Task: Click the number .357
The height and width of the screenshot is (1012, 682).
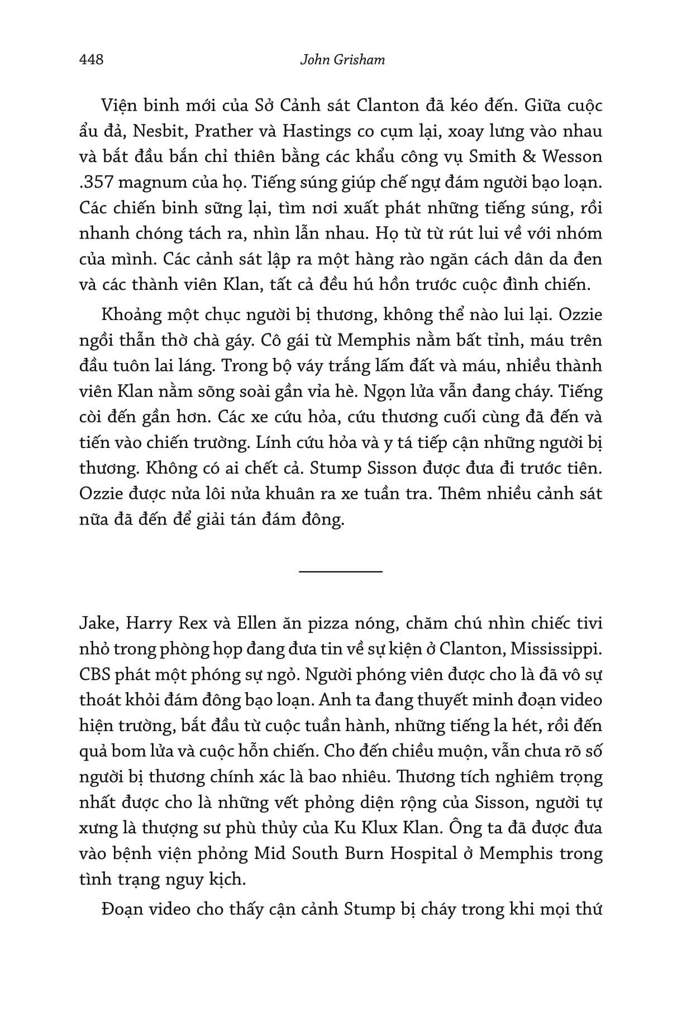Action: click(x=97, y=183)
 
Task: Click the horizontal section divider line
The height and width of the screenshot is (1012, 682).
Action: click(x=341, y=571)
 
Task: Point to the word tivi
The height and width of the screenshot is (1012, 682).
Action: click(x=585, y=624)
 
